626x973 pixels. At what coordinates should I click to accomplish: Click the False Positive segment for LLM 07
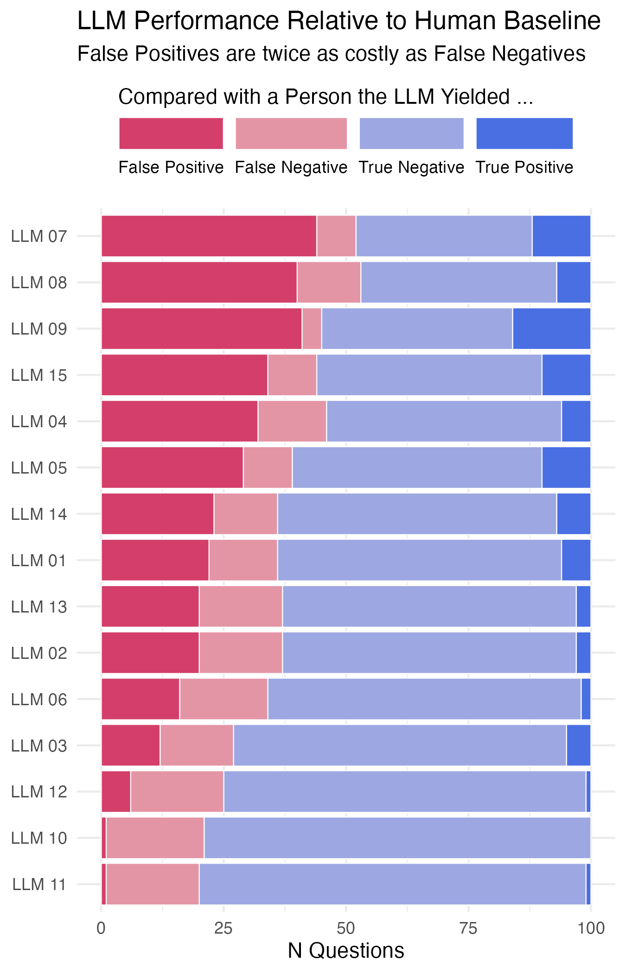[209, 236]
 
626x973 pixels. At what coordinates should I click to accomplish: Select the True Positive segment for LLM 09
[551, 329]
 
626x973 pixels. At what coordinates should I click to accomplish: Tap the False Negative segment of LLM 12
[177, 792]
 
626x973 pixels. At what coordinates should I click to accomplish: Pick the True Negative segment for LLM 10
[397, 838]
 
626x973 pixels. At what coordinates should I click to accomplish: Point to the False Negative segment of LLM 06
[224, 699]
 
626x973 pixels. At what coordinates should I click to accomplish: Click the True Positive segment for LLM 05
[566, 468]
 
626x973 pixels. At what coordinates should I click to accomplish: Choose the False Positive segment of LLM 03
[130, 746]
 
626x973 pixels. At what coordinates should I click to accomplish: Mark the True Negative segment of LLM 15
[429, 375]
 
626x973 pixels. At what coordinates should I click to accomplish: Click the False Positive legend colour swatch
[171, 133]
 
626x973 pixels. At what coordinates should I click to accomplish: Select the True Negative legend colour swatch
[411, 133]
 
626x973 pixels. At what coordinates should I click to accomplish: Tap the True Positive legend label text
[524, 167]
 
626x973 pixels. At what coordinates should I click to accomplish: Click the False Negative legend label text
[291, 167]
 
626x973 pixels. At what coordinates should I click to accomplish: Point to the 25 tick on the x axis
[224, 929]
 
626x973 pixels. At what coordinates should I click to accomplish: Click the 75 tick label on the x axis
[468, 929]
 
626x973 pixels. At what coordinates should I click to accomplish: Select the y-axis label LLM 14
[39, 514]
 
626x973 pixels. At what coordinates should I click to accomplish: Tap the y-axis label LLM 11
[39, 885]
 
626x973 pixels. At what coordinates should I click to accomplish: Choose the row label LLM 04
[39, 422]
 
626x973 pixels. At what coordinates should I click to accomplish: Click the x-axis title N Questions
[346, 951]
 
